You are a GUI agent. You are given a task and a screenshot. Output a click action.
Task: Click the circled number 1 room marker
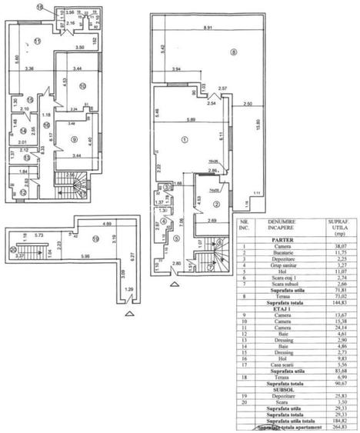(184, 140)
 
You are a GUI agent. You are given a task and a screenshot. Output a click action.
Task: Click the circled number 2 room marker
(217, 204)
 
